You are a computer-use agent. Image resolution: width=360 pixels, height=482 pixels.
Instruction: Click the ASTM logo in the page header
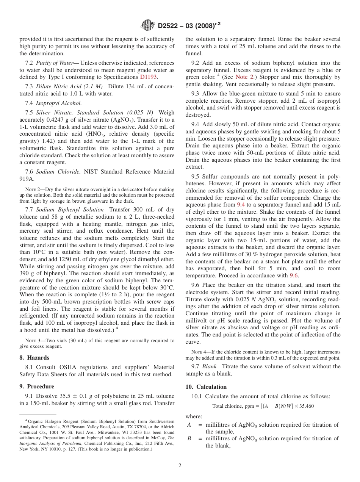coord(148,25)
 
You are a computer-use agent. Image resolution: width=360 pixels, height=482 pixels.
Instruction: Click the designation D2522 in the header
coord(171,26)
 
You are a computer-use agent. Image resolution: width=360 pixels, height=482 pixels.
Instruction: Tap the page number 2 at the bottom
coord(180,466)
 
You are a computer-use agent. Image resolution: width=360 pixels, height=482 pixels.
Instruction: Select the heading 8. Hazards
coord(35,358)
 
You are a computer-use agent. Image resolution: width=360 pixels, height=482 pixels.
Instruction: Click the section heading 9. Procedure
coord(37,387)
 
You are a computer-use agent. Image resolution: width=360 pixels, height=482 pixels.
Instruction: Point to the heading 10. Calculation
coord(206,387)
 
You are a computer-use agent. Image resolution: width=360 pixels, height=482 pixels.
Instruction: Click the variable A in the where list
coord(189,425)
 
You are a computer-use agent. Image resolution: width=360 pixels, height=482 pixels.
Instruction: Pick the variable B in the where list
coord(189,439)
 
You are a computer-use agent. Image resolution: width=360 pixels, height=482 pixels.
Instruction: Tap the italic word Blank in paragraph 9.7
coord(210,366)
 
